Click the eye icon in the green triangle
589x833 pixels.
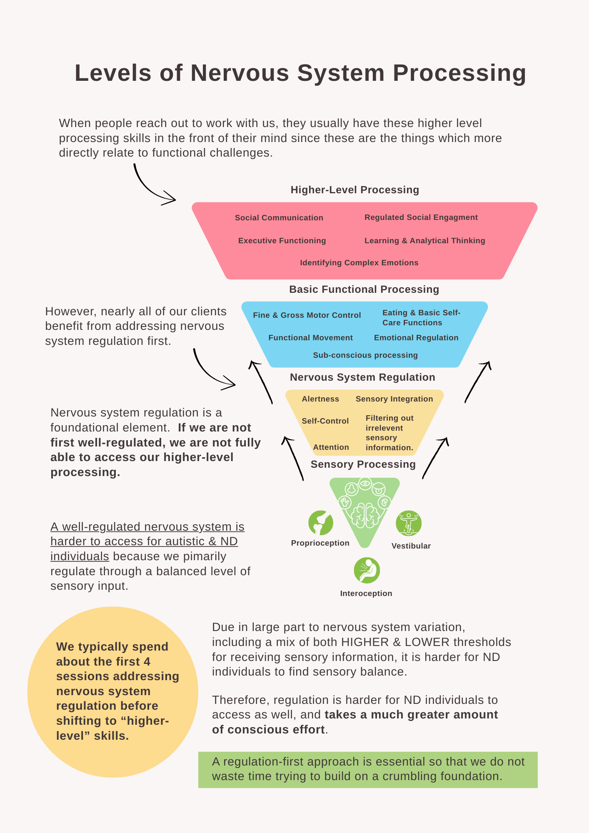pos(365,484)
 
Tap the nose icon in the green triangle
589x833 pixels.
pos(352,489)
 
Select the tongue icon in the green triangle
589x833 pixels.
pos(379,488)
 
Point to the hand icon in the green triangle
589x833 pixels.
pos(344,502)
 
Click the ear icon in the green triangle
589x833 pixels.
pos(384,502)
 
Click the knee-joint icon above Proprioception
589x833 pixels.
pos(320,523)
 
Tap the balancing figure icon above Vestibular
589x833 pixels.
pos(409,523)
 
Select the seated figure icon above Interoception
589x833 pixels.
pos(367,570)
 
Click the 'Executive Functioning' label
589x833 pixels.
pos(282,241)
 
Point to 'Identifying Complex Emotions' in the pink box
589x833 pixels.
pos(359,263)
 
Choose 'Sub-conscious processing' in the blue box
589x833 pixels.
pos(365,355)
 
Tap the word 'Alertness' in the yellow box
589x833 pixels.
pos(320,399)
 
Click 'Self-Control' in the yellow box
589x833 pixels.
pos(325,421)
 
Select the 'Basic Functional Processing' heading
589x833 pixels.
pos(364,289)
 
